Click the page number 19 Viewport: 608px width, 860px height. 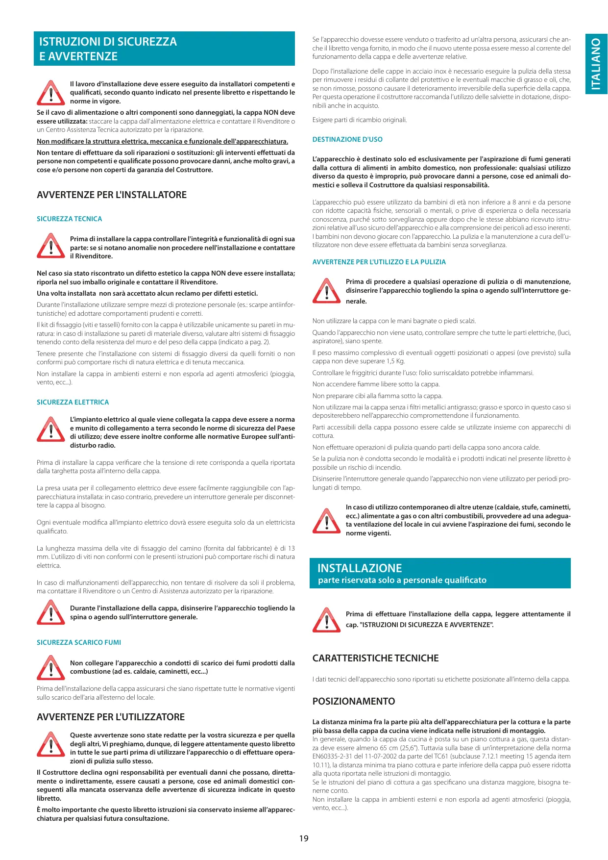(x=304, y=838)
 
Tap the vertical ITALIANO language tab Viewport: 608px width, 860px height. (x=596, y=64)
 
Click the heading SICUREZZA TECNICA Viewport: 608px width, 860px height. (x=70, y=219)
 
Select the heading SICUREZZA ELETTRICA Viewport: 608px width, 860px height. (x=73, y=402)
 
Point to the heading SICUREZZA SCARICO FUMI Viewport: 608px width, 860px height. (x=79, y=642)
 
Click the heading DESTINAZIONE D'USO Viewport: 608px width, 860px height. (x=347, y=139)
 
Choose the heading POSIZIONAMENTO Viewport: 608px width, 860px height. (x=354, y=701)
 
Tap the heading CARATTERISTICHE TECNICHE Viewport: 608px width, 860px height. (x=376, y=658)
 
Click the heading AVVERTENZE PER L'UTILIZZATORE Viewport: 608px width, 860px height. (x=111, y=717)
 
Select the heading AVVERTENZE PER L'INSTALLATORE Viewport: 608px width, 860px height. (x=112, y=195)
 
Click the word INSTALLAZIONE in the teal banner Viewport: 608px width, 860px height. (x=360, y=568)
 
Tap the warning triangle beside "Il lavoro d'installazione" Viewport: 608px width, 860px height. (x=50, y=93)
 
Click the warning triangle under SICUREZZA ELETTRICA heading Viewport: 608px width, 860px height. (x=50, y=430)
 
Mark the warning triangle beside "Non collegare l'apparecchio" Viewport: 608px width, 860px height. (x=50, y=667)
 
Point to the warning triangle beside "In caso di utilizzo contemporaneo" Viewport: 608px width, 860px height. (x=326, y=521)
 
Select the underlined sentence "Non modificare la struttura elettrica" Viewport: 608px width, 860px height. (x=162, y=141)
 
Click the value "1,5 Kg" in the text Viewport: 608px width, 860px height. (x=394, y=361)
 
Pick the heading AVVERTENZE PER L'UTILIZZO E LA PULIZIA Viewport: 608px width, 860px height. (x=379, y=262)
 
